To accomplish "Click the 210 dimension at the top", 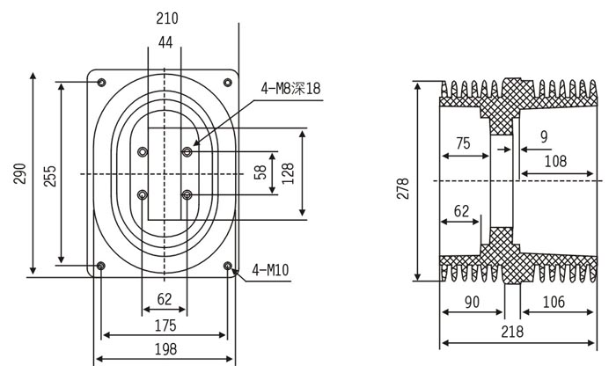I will point(166,18).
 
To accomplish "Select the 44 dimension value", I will point(165,42).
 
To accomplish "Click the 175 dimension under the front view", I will point(165,325).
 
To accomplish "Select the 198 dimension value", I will point(165,349).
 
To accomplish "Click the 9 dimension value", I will point(543,136).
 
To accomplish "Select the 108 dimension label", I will point(555,161).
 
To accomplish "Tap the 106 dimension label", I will point(554,303).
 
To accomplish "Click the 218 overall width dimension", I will point(511,332).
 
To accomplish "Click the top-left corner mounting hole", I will point(102,83).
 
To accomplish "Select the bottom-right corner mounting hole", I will point(228,266).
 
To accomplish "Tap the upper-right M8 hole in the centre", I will point(187,152).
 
